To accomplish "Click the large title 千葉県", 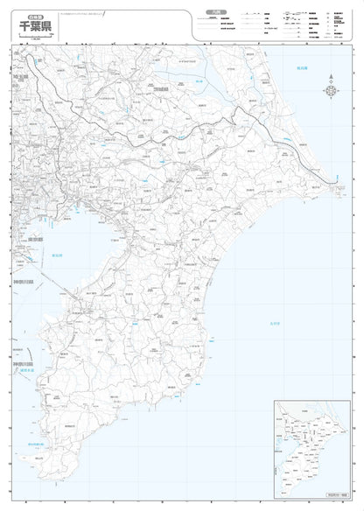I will pos(36,27).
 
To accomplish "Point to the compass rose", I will pos(332,90).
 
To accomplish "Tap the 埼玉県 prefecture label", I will pos(21,78).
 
